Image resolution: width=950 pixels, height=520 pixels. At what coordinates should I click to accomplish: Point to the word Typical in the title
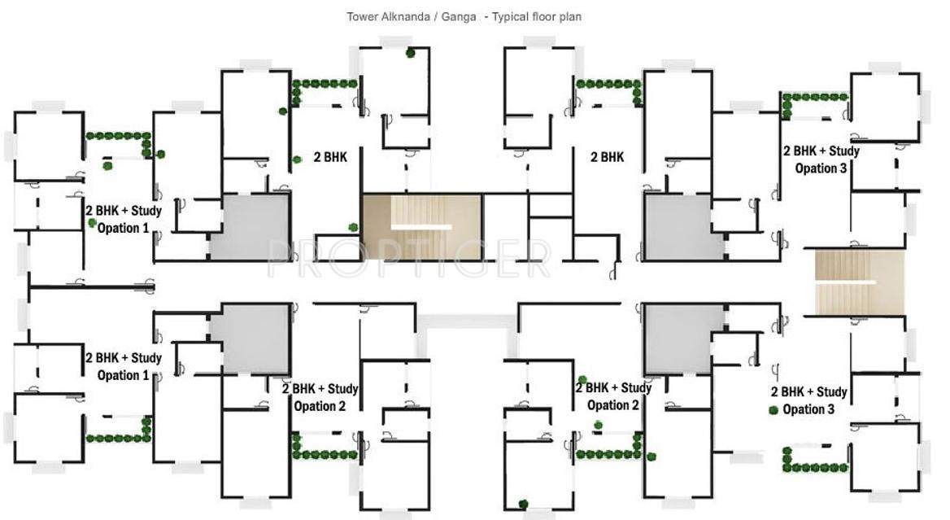coord(509,16)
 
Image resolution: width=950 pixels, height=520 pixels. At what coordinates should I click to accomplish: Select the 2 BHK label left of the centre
coord(330,158)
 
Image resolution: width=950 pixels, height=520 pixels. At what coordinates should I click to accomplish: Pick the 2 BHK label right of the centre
coord(607,157)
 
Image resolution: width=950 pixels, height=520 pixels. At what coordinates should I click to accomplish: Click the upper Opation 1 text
coord(123,229)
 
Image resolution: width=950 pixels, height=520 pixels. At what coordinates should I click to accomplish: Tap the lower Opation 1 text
coord(123,375)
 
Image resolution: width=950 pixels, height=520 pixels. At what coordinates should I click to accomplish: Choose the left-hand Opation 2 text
coord(320,406)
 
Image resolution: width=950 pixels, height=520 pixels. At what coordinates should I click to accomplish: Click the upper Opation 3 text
coord(821,168)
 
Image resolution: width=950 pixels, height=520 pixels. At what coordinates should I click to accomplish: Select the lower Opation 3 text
coord(808,409)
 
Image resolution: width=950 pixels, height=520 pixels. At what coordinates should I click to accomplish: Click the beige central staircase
coord(421,225)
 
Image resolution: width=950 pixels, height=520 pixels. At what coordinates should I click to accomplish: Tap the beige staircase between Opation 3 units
coord(860,282)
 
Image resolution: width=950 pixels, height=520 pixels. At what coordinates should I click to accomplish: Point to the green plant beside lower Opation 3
coord(773,410)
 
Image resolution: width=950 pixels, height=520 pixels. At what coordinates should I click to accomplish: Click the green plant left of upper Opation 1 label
coord(93,221)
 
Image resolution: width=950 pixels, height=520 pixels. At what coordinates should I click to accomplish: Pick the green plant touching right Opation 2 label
coord(582,380)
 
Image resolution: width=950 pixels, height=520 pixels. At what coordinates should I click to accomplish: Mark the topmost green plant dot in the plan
coord(411,54)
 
